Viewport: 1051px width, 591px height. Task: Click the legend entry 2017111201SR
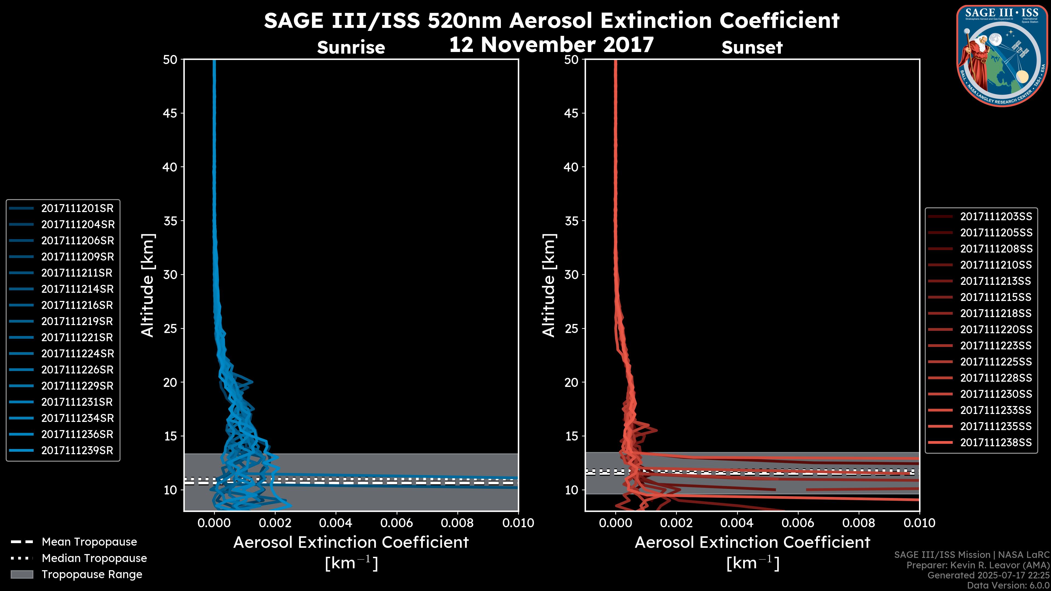click(77, 208)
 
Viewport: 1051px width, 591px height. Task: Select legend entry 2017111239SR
click(77, 451)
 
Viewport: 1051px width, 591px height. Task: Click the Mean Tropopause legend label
click(89, 542)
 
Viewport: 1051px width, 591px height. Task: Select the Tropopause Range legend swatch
click(22, 575)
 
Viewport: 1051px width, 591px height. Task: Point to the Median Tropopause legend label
click(94, 558)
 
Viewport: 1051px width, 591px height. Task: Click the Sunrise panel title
click(351, 48)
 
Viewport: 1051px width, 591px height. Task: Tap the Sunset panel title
click(752, 48)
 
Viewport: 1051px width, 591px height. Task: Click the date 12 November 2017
click(551, 45)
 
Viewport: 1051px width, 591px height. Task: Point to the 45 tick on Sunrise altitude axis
click(170, 113)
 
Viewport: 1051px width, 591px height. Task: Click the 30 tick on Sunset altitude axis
click(571, 275)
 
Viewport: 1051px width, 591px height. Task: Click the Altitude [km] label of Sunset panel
click(549, 285)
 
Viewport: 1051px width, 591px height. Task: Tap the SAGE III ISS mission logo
click(1002, 56)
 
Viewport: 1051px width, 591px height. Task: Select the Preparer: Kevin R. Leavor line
click(978, 565)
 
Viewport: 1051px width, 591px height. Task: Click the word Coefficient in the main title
click(779, 21)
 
